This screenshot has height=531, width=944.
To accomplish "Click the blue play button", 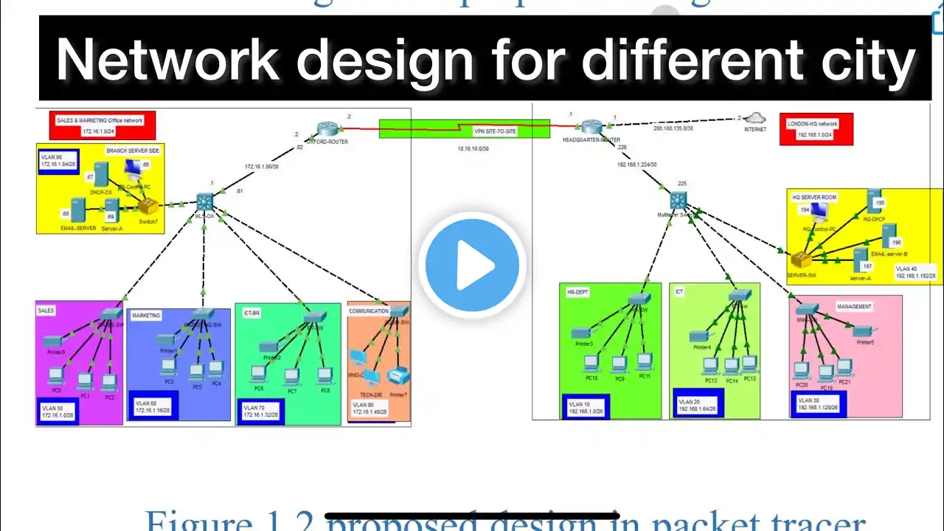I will coord(472,265).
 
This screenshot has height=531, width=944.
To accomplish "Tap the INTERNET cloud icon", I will coord(754,118).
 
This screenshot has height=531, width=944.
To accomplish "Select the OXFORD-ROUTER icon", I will coord(327,129).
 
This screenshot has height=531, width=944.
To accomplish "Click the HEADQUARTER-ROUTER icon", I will coord(591,127).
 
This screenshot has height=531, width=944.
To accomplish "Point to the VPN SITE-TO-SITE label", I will coord(495,131).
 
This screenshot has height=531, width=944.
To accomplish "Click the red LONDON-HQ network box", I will coord(816,129).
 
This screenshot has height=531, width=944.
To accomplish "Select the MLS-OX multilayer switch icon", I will coord(204,201).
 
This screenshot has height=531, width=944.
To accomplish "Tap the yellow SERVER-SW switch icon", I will coord(800,260).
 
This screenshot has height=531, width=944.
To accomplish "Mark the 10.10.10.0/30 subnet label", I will coord(473,148).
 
